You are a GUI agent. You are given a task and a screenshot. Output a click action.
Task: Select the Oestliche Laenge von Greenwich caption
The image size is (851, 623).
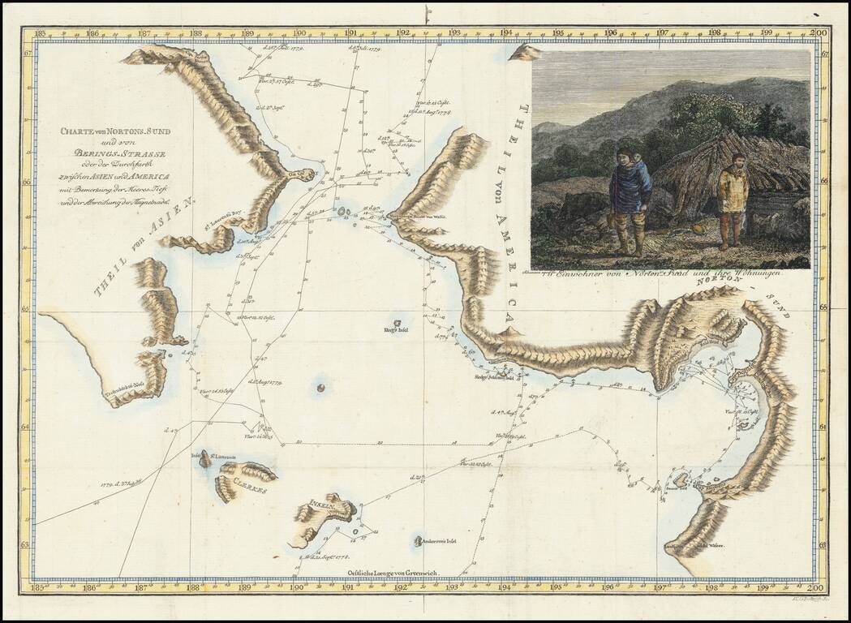tap(393, 573)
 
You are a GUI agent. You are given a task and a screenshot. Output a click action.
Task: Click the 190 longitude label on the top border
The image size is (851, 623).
tap(299, 34)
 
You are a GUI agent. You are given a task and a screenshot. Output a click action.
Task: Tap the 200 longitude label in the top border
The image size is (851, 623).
tap(819, 34)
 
